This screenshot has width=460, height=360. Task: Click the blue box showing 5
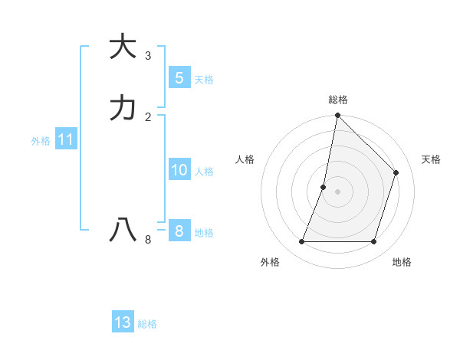pos(179,77)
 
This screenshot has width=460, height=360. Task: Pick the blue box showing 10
pos(179,170)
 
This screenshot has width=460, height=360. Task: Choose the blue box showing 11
pos(65,140)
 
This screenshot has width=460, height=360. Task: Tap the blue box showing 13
pos(123,322)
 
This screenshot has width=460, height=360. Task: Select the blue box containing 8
pos(179,231)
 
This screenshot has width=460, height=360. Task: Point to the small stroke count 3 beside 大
pos(148,55)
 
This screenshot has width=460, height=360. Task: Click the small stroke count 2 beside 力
pos(148,116)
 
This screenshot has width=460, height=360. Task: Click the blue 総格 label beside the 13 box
pos(147,324)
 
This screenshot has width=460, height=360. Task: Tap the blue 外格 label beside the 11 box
pos(41,141)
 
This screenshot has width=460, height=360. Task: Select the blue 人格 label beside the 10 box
pos(205,172)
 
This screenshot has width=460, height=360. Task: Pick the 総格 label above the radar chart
pos(337,100)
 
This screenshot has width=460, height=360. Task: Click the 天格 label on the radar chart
pos(431,159)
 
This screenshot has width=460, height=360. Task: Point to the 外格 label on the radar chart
pos(270,262)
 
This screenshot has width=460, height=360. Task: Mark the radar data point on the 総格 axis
pos(337,116)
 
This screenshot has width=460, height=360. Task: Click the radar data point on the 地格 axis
pos(373,242)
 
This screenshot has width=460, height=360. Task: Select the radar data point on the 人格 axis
pos(324,187)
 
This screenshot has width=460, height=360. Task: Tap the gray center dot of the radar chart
pos(337,191)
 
